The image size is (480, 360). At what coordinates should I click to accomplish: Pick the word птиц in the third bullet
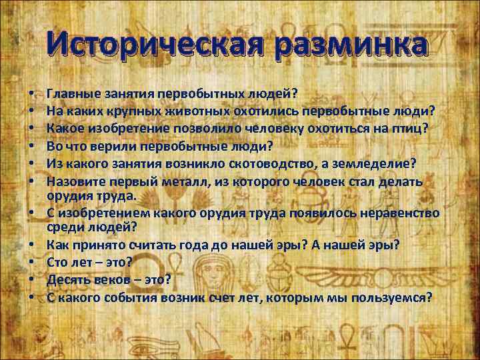click(416, 125)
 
